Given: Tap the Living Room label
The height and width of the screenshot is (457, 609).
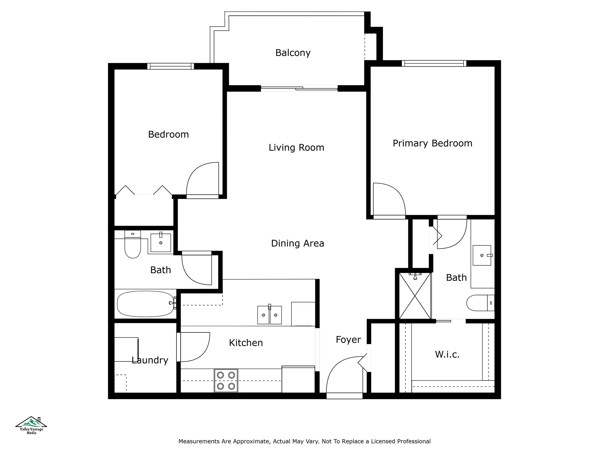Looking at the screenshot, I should click(296, 148).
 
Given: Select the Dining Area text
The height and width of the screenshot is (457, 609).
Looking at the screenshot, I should click(297, 243).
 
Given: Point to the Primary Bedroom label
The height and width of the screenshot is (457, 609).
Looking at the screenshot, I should click(432, 143).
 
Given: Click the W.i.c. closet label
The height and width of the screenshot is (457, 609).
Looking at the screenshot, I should click(447, 354).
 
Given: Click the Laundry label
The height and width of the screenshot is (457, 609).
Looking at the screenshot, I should click(150, 360).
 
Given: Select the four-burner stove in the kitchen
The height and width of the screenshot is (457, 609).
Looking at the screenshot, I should click(226, 380).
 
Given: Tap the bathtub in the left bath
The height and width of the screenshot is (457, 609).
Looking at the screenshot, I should click(145, 304).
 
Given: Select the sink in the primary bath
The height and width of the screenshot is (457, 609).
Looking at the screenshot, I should click(482, 255).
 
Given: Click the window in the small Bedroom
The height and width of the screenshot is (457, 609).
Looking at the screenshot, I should click(170, 66).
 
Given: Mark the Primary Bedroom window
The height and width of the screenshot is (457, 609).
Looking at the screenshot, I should click(434, 63).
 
